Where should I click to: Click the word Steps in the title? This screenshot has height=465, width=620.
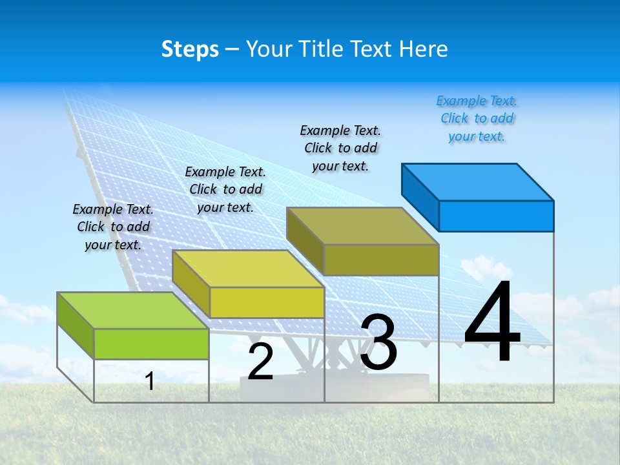(190, 49)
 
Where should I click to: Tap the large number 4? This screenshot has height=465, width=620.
(492, 323)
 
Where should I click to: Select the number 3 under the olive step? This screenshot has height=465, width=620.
(378, 342)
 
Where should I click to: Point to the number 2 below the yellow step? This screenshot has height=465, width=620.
(261, 362)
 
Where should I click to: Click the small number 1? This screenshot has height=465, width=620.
(150, 381)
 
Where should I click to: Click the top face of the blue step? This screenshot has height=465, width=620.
(478, 181)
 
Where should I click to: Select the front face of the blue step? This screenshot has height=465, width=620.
(496, 216)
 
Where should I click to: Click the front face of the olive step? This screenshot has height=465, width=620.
(381, 260)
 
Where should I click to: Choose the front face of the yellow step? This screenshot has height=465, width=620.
(267, 302)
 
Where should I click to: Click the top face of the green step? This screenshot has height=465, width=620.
(133, 311)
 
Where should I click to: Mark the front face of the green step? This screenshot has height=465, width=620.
(151, 344)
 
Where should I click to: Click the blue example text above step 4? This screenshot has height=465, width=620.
(477, 118)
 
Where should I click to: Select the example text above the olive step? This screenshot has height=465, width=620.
(340, 148)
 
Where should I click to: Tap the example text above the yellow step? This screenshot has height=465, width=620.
(225, 189)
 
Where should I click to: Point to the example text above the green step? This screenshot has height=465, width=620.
(113, 227)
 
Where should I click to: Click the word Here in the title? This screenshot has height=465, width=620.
(424, 49)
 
